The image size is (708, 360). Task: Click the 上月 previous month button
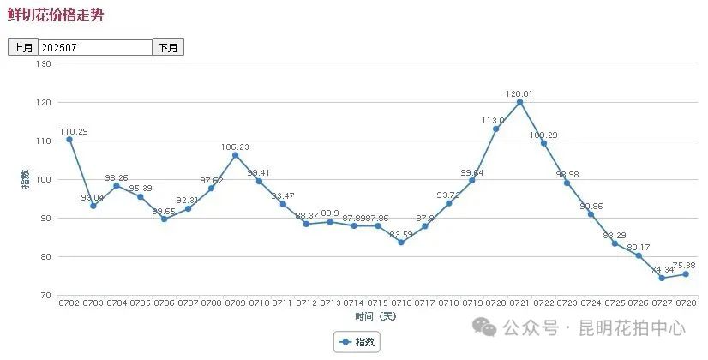pyautogui.click(x=22, y=48)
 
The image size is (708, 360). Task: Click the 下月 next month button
pyautogui.click(x=168, y=48)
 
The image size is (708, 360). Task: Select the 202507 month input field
pyautogui.click(x=95, y=48)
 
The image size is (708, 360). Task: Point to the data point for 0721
pyautogui.click(x=519, y=103)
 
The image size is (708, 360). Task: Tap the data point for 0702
pyautogui.click(x=69, y=140)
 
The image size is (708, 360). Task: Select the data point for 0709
pyautogui.click(x=235, y=155)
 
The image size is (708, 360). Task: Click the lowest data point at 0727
pyautogui.click(x=662, y=278)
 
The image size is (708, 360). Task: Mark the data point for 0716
pyautogui.click(x=400, y=243)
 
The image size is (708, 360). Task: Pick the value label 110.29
pyautogui.click(x=74, y=131)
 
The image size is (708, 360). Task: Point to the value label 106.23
pyautogui.click(x=235, y=147)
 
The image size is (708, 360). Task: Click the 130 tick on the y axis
pyautogui.click(x=45, y=63)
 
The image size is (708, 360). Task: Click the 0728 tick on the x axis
pyautogui.click(x=685, y=303)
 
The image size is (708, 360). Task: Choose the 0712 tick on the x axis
pyautogui.click(x=306, y=303)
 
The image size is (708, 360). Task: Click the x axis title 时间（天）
pyautogui.click(x=376, y=315)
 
